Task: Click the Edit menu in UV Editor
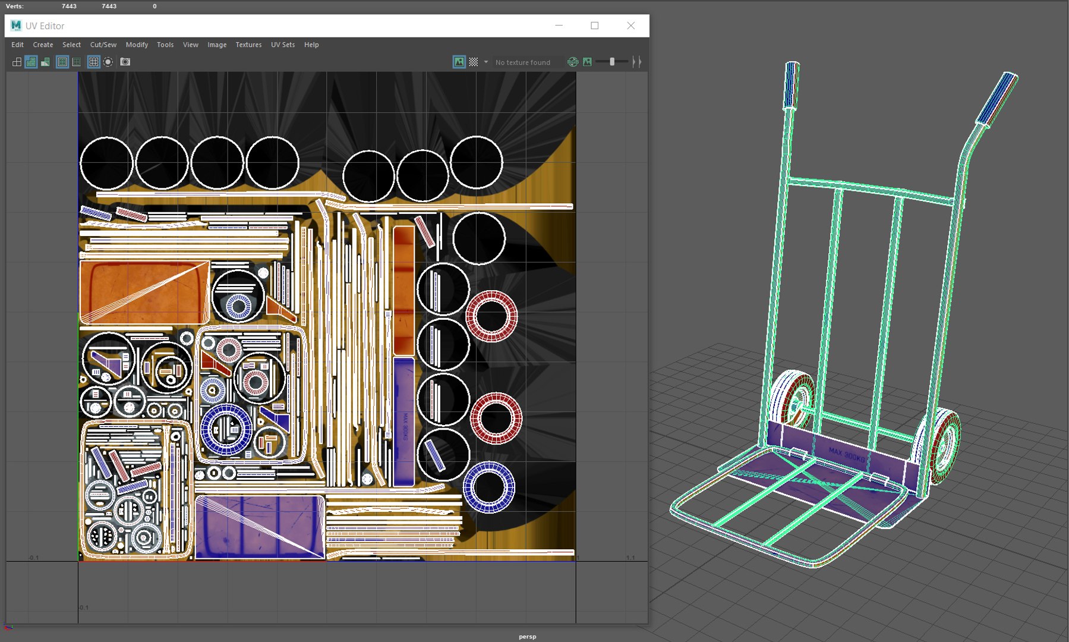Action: pyautogui.click(x=17, y=45)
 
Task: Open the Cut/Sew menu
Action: pyautogui.click(x=103, y=45)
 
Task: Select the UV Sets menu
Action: pyautogui.click(x=283, y=45)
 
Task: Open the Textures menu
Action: pyautogui.click(x=248, y=45)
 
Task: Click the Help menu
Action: pyautogui.click(x=311, y=45)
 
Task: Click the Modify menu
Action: pyautogui.click(x=137, y=45)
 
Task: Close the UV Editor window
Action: pyautogui.click(x=630, y=26)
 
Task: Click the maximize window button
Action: pyautogui.click(x=594, y=26)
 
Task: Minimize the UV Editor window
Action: pyautogui.click(x=559, y=26)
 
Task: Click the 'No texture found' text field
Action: pyautogui.click(x=523, y=62)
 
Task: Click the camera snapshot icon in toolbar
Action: pyautogui.click(x=125, y=62)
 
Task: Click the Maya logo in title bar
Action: pyautogui.click(x=16, y=26)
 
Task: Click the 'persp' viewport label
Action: pyautogui.click(x=527, y=637)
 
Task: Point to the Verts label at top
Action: pyautogui.click(x=14, y=6)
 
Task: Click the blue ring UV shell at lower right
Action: pyautogui.click(x=488, y=487)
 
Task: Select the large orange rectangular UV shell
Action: pyautogui.click(x=144, y=292)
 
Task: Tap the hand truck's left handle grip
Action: pyautogui.click(x=791, y=86)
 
